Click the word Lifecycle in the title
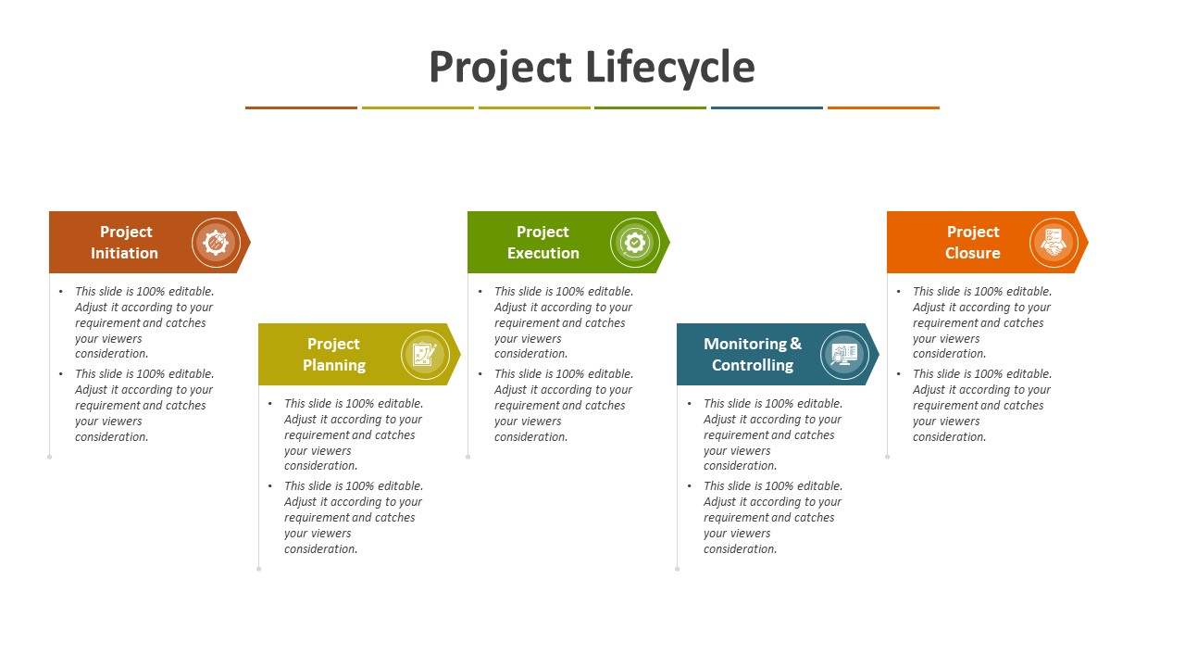[670, 68]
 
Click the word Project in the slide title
[500, 68]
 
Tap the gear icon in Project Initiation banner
[216, 243]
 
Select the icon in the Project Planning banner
[425, 355]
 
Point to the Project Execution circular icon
[634, 243]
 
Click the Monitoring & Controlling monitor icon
[844, 355]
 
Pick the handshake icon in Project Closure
[1054, 243]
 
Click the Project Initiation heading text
[125, 243]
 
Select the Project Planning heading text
[334, 355]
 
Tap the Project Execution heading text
[543, 243]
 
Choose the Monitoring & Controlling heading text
[753, 355]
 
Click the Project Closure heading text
[973, 243]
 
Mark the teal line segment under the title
[767, 107]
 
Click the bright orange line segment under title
[883, 107]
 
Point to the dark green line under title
[650, 107]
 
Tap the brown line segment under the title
[301, 107]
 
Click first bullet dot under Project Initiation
[61, 292]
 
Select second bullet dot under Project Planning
[270, 486]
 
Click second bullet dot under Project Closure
[899, 374]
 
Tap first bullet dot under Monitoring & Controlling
[690, 404]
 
